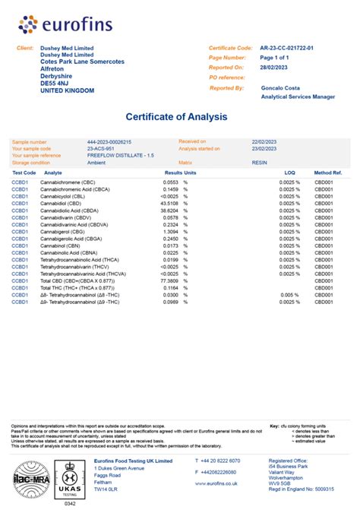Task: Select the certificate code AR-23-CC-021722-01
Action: point(292,48)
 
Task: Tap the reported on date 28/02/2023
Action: point(275,67)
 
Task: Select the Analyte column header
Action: point(53,173)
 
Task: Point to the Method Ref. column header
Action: point(328,173)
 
